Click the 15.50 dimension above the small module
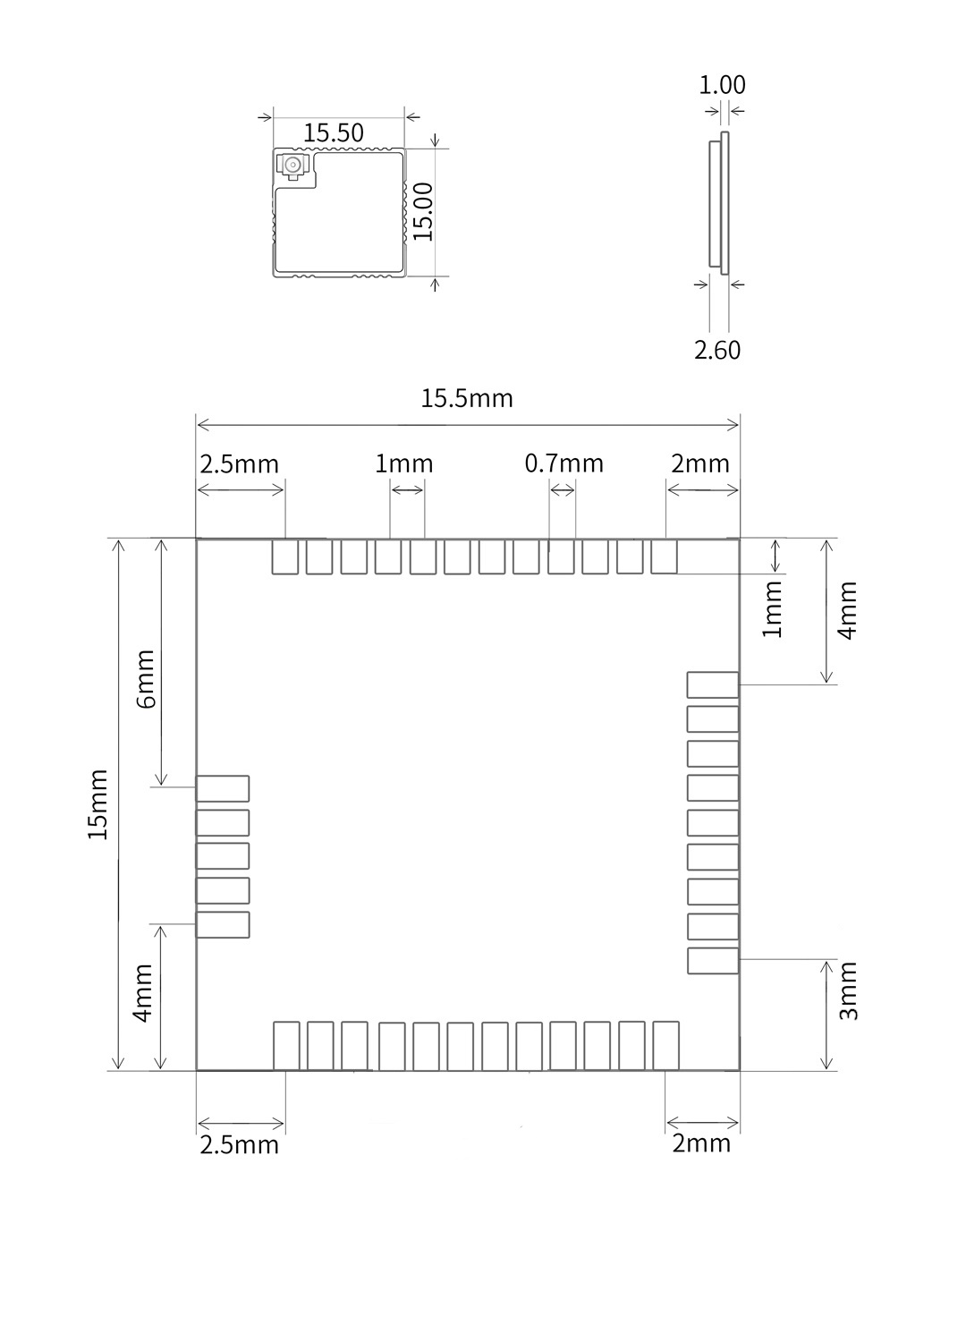(x=333, y=133)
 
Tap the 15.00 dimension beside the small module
(x=423, y=212)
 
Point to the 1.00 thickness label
(x=722, y=85)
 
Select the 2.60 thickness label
(x=717, y=351)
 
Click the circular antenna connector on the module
(x=292, y=166)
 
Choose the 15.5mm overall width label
(x=467, y=399)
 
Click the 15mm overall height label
(x=97, y=803)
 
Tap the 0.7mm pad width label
(x=563, y=463)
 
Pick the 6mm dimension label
(x=145, y=679)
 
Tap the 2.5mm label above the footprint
(x=239, y=463)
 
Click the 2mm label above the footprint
(x=699, y=463)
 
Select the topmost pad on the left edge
(x=222, y=788)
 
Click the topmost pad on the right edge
(x=713, y=685)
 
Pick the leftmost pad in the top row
(x=284, y=557)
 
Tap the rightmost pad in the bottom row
(x=665, y=1045)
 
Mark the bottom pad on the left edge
(x=222, y=925)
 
